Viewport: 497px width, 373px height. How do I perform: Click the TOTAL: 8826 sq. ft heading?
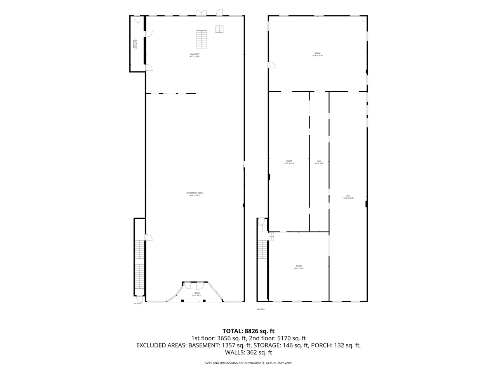tap(248, 331)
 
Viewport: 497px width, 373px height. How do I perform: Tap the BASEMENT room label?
tap(195, 55)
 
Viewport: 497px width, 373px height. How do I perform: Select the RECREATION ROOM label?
tap(195, 194)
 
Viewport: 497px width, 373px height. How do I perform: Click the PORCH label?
tap(196, 294)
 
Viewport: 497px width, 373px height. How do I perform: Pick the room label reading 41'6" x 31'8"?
tap(318, 54)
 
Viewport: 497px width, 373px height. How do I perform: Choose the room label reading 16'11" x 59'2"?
tap(289, 162)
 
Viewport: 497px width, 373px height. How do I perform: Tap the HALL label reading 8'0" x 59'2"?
tap(319, 162)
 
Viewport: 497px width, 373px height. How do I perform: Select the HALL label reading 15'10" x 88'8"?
tap(348, 197)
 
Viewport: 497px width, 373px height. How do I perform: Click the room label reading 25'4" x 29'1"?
tap(299, 267)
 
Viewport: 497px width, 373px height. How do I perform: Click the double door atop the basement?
tap(201, 13)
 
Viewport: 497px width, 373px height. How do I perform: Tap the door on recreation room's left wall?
tap(148, 237)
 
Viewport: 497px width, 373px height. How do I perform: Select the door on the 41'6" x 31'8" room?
tap(272, 64)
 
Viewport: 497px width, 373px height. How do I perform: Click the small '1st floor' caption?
tap(137, 303)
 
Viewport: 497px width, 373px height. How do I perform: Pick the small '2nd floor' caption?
tap(261, 309)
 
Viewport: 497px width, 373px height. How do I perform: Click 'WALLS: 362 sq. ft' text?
tap(248, 353)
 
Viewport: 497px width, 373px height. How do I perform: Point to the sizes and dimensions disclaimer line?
tap(248, 363)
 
